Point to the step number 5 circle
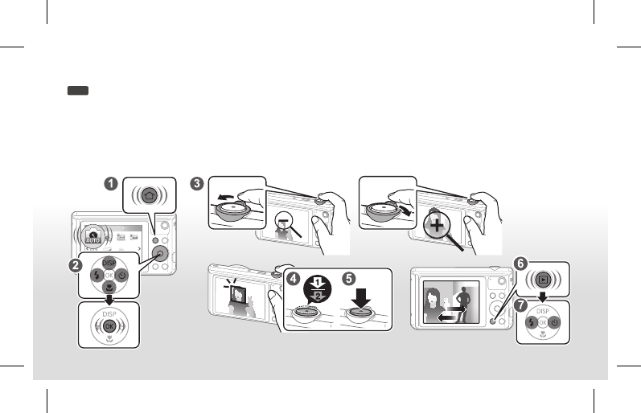pos(348,278)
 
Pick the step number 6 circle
pos(520,264)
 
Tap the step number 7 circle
pos(522,305)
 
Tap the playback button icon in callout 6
pos(544,280)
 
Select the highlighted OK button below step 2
pos(109,328)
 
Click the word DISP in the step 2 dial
pos(109,263)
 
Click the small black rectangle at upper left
pos(78,92)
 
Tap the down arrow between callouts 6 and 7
pos(542,298)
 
